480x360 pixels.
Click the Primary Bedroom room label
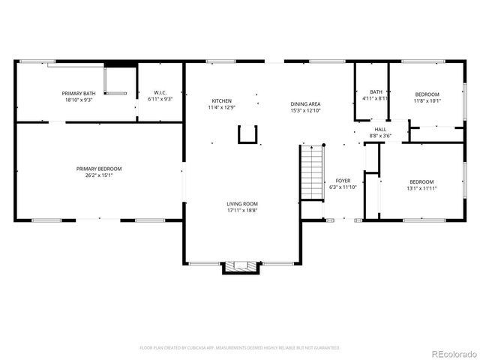[98, 169]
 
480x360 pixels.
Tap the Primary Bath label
[79, 93]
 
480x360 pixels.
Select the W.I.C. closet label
[160, 93]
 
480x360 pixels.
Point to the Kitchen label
[221, 101]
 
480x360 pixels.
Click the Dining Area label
[305, 104]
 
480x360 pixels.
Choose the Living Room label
[242, 204]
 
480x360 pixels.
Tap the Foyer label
[343, 181]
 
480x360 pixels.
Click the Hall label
[381, 130]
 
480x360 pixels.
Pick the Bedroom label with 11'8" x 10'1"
[427, 94]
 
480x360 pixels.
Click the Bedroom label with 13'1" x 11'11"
[421, 181]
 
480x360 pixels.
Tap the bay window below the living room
[240, 266]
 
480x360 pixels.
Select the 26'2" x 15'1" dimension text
[98, 175]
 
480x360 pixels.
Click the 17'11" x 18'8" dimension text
[242, 211]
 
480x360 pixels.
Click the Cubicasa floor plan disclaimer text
[240, 348]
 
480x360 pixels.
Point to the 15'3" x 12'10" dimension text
[305, 111]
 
